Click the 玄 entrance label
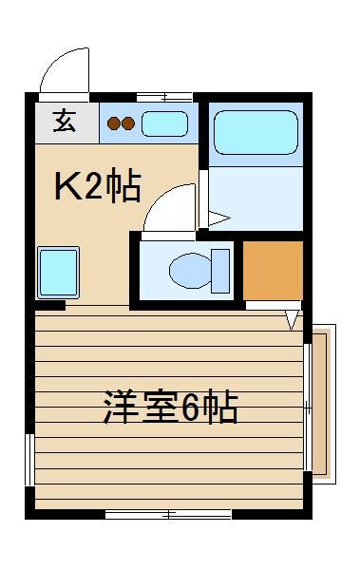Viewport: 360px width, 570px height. (65, 121)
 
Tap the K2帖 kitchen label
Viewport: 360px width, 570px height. (98, 185)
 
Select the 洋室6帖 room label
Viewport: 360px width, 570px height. (170, 408)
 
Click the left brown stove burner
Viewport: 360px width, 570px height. (114, 123)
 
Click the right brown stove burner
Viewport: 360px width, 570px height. (128, 123)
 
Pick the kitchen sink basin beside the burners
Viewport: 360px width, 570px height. (164, 123)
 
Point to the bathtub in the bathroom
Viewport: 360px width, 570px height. (256, 132)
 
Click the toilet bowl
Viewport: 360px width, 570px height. (190, 271)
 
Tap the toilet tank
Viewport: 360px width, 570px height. (220, 271)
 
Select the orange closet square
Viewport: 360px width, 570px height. (273, 271)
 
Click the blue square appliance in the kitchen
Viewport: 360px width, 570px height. (58, 273)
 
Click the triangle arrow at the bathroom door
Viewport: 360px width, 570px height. (219, 218)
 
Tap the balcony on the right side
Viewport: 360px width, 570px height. (322, 405)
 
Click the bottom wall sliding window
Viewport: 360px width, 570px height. (168, 514)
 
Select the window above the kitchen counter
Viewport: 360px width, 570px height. (164, 98)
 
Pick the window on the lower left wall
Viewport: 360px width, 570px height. (29, 460)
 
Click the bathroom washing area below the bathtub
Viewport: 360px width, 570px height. (256, 199)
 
